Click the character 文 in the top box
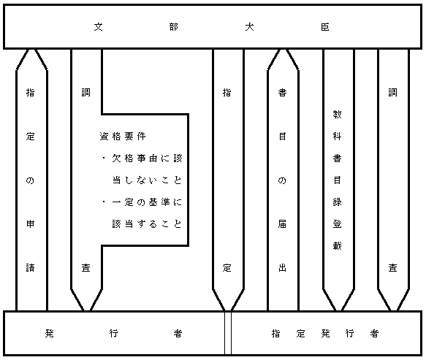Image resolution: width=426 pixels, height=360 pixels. coord(99,27)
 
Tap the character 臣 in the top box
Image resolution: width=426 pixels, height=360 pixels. coord(325,27)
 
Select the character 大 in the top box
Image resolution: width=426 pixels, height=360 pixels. coord(249,27)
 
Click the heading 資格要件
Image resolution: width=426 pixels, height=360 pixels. coord(123,136)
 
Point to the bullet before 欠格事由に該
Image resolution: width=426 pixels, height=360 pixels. coord(104,158)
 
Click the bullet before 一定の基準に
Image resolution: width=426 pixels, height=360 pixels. coord(104,202)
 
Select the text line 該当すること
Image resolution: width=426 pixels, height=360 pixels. coord(147,224)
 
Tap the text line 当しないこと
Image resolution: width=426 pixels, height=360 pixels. coord(147,180)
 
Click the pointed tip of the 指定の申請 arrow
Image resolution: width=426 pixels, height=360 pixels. coord(32,50)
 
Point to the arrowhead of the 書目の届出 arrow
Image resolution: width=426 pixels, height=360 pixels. coord(283,50)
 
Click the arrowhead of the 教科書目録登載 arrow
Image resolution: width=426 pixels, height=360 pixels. coord(338,310)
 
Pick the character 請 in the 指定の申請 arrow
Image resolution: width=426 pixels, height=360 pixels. coord(30,268)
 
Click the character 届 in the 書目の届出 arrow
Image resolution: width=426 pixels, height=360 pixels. coord(282,224)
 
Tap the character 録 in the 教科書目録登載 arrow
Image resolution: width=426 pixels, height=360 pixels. coord(337,202)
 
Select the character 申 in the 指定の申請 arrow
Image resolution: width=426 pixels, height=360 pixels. coord(30,224)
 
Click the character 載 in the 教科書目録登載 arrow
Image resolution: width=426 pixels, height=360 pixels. coord(337,246)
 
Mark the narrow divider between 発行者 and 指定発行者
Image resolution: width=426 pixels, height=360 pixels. coord(228,333)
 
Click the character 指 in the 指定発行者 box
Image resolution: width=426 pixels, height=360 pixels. coord(275,333)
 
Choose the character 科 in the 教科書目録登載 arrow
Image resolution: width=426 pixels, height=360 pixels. coord(337,136)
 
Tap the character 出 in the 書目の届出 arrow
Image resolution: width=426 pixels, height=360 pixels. coord(282,268)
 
